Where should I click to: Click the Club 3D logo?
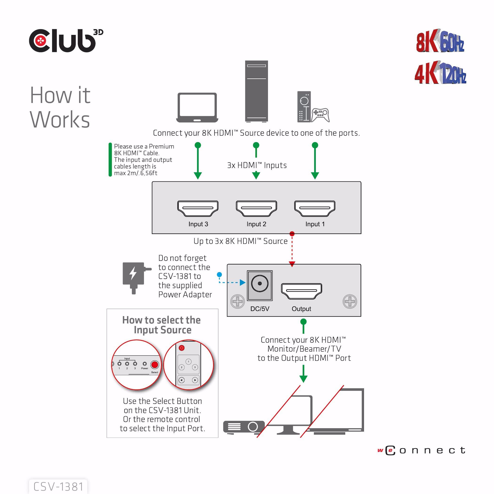tap(66, 41)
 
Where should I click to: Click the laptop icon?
tap(197, 108)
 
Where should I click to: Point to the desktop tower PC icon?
tap(256, 91)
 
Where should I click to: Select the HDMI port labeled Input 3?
tap(198, 208)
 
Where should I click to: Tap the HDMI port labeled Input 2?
tap(256, 208)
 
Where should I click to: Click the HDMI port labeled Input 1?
tap(315, 208)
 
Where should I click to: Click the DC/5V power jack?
tap(259, 284)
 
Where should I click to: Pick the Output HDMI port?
tap(302, 291)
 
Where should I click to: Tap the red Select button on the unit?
tap(155, 364)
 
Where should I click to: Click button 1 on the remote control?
tap(188, 362)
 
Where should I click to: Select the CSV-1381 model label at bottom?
tap(58, 486)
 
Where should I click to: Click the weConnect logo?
tap(421, 450)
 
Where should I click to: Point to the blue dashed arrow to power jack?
tap(231, 283)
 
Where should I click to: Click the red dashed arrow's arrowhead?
tap(292, 264)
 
